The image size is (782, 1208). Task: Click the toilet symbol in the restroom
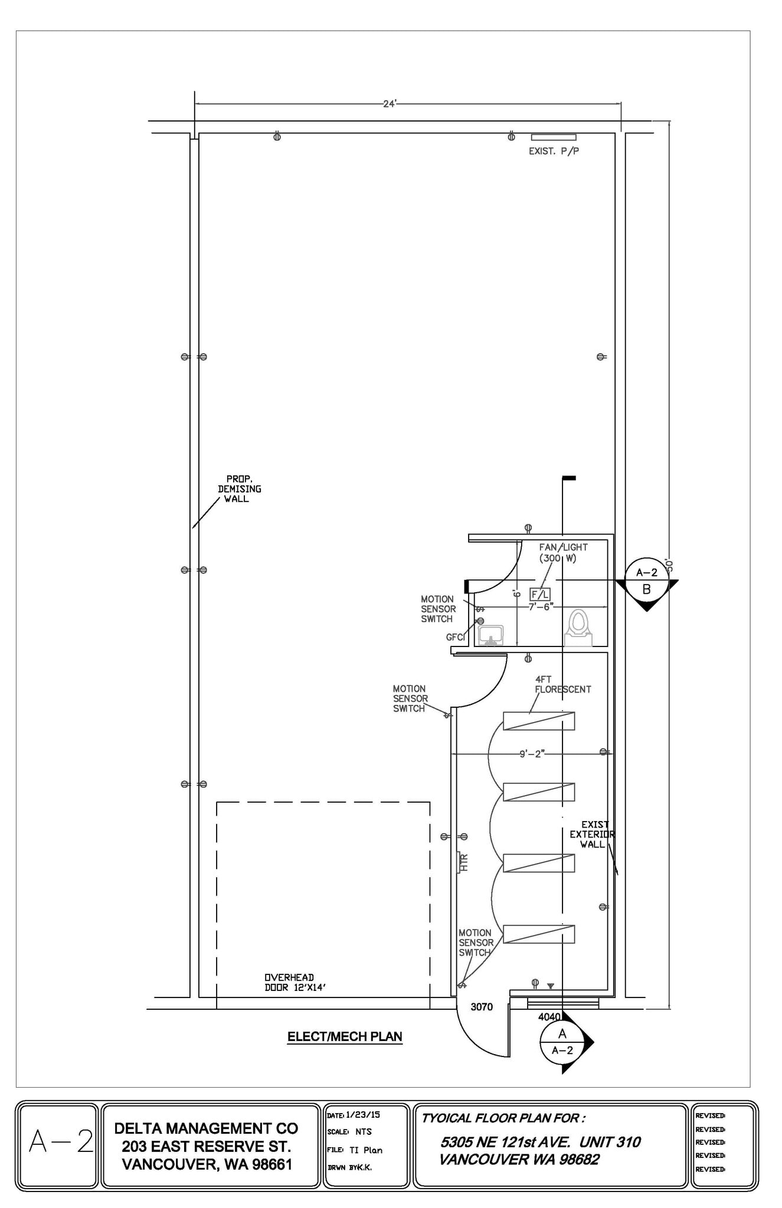[578, 628]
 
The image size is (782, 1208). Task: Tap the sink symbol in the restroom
[490, 636]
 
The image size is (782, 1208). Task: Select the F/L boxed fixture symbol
[540, 595]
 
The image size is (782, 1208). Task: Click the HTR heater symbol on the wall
[462, 863]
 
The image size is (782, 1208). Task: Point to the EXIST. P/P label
[554, 152]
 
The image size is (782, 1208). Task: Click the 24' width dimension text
[390, 104]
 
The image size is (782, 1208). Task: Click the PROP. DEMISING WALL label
[239, 489]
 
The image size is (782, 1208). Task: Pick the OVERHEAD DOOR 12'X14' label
[295, 983]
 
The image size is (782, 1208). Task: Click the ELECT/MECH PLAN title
[345, 1036]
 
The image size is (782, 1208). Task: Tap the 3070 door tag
[482, 1007]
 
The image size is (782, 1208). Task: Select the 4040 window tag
[549, 1017]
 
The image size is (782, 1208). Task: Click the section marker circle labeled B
[646, 581]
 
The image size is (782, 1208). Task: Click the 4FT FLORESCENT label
[562, 684]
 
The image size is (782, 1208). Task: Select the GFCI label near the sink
[456, 637]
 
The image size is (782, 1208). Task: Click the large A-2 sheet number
[61, 1141]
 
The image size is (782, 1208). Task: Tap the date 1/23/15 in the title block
[363, 1115]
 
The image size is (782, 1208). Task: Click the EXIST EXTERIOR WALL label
[592, 834]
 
